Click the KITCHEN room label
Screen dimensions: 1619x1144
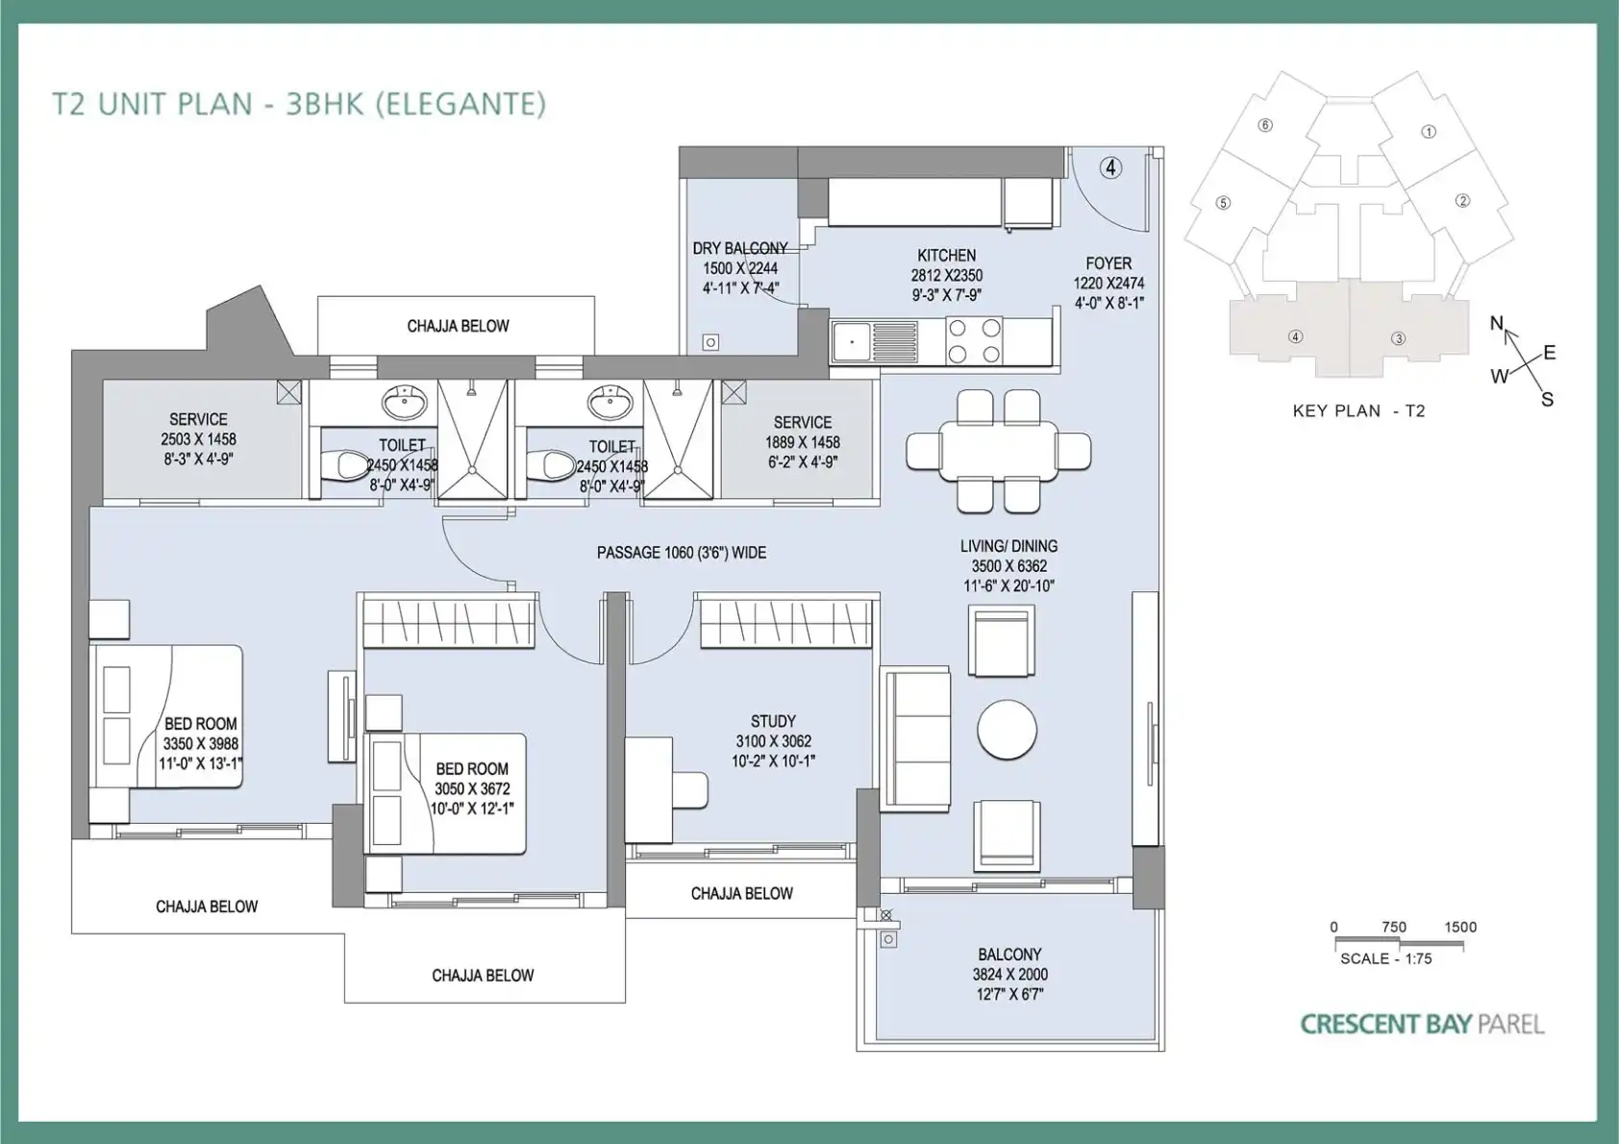point(946,256)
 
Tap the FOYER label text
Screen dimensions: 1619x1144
point(1108,263)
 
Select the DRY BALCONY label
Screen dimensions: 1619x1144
point(739,249)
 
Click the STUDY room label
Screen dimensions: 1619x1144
point(773,721)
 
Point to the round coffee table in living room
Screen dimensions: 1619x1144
point(1007,730)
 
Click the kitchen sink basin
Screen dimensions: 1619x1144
point(853,342)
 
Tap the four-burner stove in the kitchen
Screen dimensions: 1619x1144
point(974,340)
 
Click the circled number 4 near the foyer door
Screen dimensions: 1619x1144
point(1110,168)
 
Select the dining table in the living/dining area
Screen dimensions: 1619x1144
point(998,452)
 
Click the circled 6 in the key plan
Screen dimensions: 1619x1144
point(1265,125)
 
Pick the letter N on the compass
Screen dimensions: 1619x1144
point(1497,323)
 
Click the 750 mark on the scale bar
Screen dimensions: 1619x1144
point(1393,927)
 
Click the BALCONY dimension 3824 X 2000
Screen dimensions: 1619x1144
point(1009,974)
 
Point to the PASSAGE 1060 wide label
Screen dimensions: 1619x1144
point(681,553)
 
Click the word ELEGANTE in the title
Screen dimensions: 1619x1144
point(461,104)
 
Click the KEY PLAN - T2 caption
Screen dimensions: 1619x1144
point(1358,411)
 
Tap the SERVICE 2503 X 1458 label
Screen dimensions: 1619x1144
point(198,439)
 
